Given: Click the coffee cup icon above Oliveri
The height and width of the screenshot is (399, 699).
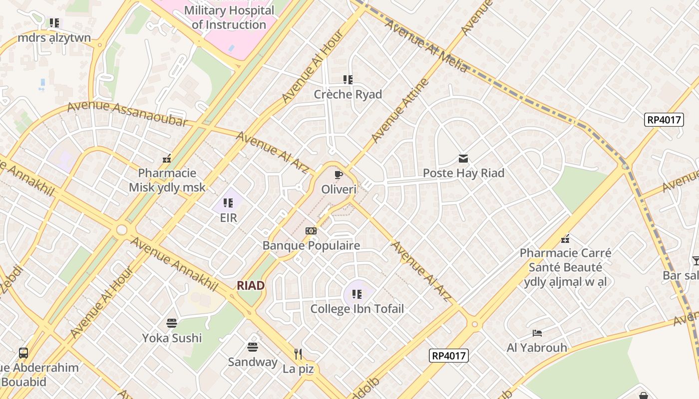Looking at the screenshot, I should click(339, 175).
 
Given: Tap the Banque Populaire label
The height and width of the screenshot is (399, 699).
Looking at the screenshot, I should click(311, 245).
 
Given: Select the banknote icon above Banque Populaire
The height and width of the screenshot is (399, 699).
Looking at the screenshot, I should click(311, 231).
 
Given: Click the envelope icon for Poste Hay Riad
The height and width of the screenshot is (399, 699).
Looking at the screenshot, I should click(463, 159).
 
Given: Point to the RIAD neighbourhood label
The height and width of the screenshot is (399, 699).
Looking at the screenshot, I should click(251, 285).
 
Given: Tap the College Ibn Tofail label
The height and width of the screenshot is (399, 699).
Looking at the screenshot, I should click(357, 309).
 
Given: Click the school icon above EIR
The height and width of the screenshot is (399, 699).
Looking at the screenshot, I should click(228, 202).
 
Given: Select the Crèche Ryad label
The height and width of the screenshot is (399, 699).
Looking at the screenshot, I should click(348, 94).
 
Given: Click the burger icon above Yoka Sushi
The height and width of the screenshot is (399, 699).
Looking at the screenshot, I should click(172, 323).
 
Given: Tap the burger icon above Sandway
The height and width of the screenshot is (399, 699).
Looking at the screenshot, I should click(253, 347).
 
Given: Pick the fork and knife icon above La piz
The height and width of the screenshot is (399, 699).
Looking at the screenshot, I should click(298, 354).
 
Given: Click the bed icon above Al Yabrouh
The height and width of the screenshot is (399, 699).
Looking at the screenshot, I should click(537, 333).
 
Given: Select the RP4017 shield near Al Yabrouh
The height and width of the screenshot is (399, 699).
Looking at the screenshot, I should click(448, 356).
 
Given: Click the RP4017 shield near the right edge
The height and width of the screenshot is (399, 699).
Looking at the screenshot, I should click(664, 120).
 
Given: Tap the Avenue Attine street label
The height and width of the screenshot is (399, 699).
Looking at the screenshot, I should click(400, 111).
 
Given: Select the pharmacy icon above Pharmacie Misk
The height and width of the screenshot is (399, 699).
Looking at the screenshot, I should click(167, 159).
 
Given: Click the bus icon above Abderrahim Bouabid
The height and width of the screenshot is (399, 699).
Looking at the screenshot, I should click(23, 353).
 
